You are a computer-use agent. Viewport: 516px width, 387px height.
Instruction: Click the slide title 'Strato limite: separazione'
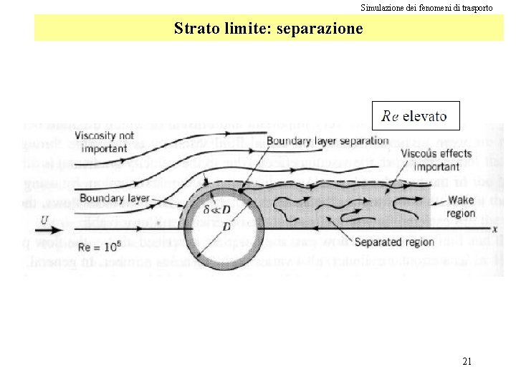coord(268,29)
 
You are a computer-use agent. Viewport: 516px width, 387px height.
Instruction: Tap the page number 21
coord(467,361)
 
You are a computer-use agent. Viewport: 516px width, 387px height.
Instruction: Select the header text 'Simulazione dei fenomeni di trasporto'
coord(426,8)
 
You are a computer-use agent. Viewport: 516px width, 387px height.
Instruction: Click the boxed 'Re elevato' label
coord(415,115)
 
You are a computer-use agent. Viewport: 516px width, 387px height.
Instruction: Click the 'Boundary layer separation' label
coord(327,140)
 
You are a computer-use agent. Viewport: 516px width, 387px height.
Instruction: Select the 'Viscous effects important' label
coord(436,160)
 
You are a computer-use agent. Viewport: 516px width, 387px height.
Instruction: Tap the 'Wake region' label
coord(460,206)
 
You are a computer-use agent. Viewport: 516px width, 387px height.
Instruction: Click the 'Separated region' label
coord(394,242)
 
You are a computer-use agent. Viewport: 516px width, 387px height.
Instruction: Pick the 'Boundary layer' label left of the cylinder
coord(105,199)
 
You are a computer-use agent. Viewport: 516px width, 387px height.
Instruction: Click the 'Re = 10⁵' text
coord(99,247)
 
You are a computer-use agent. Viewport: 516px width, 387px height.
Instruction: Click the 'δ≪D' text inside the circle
coord(216,211)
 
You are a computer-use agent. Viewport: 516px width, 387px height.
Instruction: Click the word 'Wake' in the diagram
coord(460,200)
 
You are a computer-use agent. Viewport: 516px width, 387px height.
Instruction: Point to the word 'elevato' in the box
coord(424,115)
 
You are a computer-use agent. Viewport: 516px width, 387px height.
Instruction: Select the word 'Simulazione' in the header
coord(380,8)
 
